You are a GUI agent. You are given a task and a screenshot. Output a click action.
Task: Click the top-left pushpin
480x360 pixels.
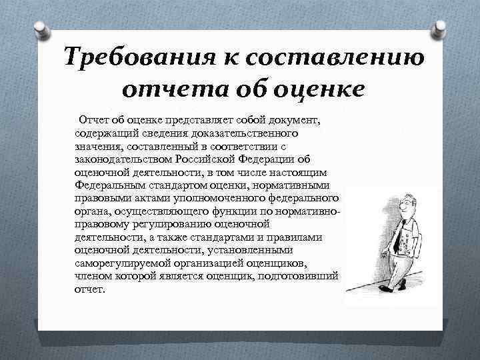[x=39, y=27]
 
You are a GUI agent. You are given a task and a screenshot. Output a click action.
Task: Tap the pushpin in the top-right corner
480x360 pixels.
[x=441, y=27]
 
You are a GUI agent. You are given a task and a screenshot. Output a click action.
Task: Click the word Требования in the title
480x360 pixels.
[x=133, y=57]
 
